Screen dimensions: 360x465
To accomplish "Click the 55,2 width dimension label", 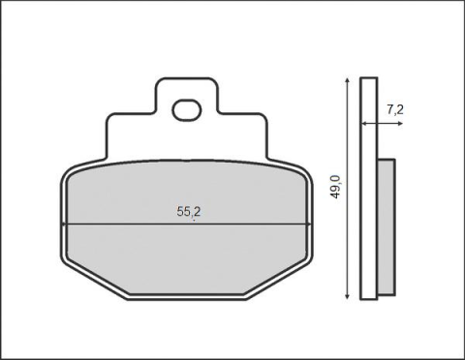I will click(189, 210).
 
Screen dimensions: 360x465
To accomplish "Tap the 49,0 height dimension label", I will click(335, 186).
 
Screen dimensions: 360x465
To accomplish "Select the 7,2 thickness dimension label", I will click(394, 109).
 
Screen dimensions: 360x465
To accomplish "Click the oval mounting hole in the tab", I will click(186, 111).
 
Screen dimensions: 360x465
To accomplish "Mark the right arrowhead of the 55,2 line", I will click(309, 225).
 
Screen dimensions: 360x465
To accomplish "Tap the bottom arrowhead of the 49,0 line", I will click(346, 293).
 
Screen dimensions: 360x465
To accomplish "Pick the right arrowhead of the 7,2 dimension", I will click(376, 124).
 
